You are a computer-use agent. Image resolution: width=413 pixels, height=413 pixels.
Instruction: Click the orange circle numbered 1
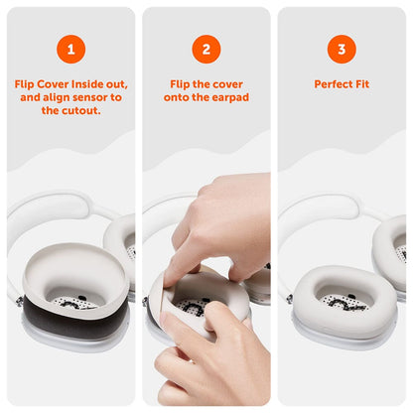(x=70, y=47)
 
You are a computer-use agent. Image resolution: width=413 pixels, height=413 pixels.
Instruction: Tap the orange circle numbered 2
(x=206, y=47)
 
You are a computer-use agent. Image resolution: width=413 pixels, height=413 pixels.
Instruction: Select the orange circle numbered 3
(x=342, y=47)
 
